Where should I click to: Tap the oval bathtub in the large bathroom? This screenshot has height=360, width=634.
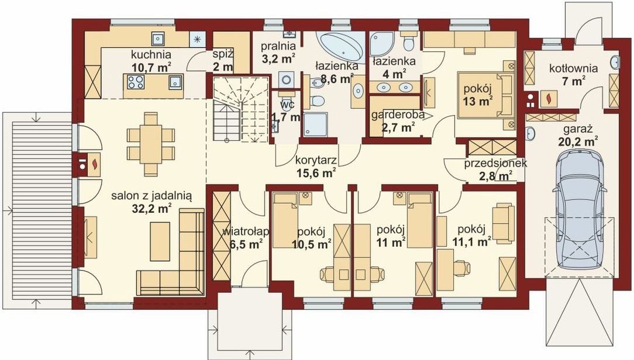(341, 45)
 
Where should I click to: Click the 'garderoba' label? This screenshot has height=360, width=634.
(398, 115)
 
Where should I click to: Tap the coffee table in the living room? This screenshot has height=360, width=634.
(160, 241)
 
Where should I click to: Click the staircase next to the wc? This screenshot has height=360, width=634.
(241, 109)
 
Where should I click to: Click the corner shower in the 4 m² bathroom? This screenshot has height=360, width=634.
(382, 44)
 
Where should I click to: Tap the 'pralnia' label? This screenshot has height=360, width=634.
(278, 45)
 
